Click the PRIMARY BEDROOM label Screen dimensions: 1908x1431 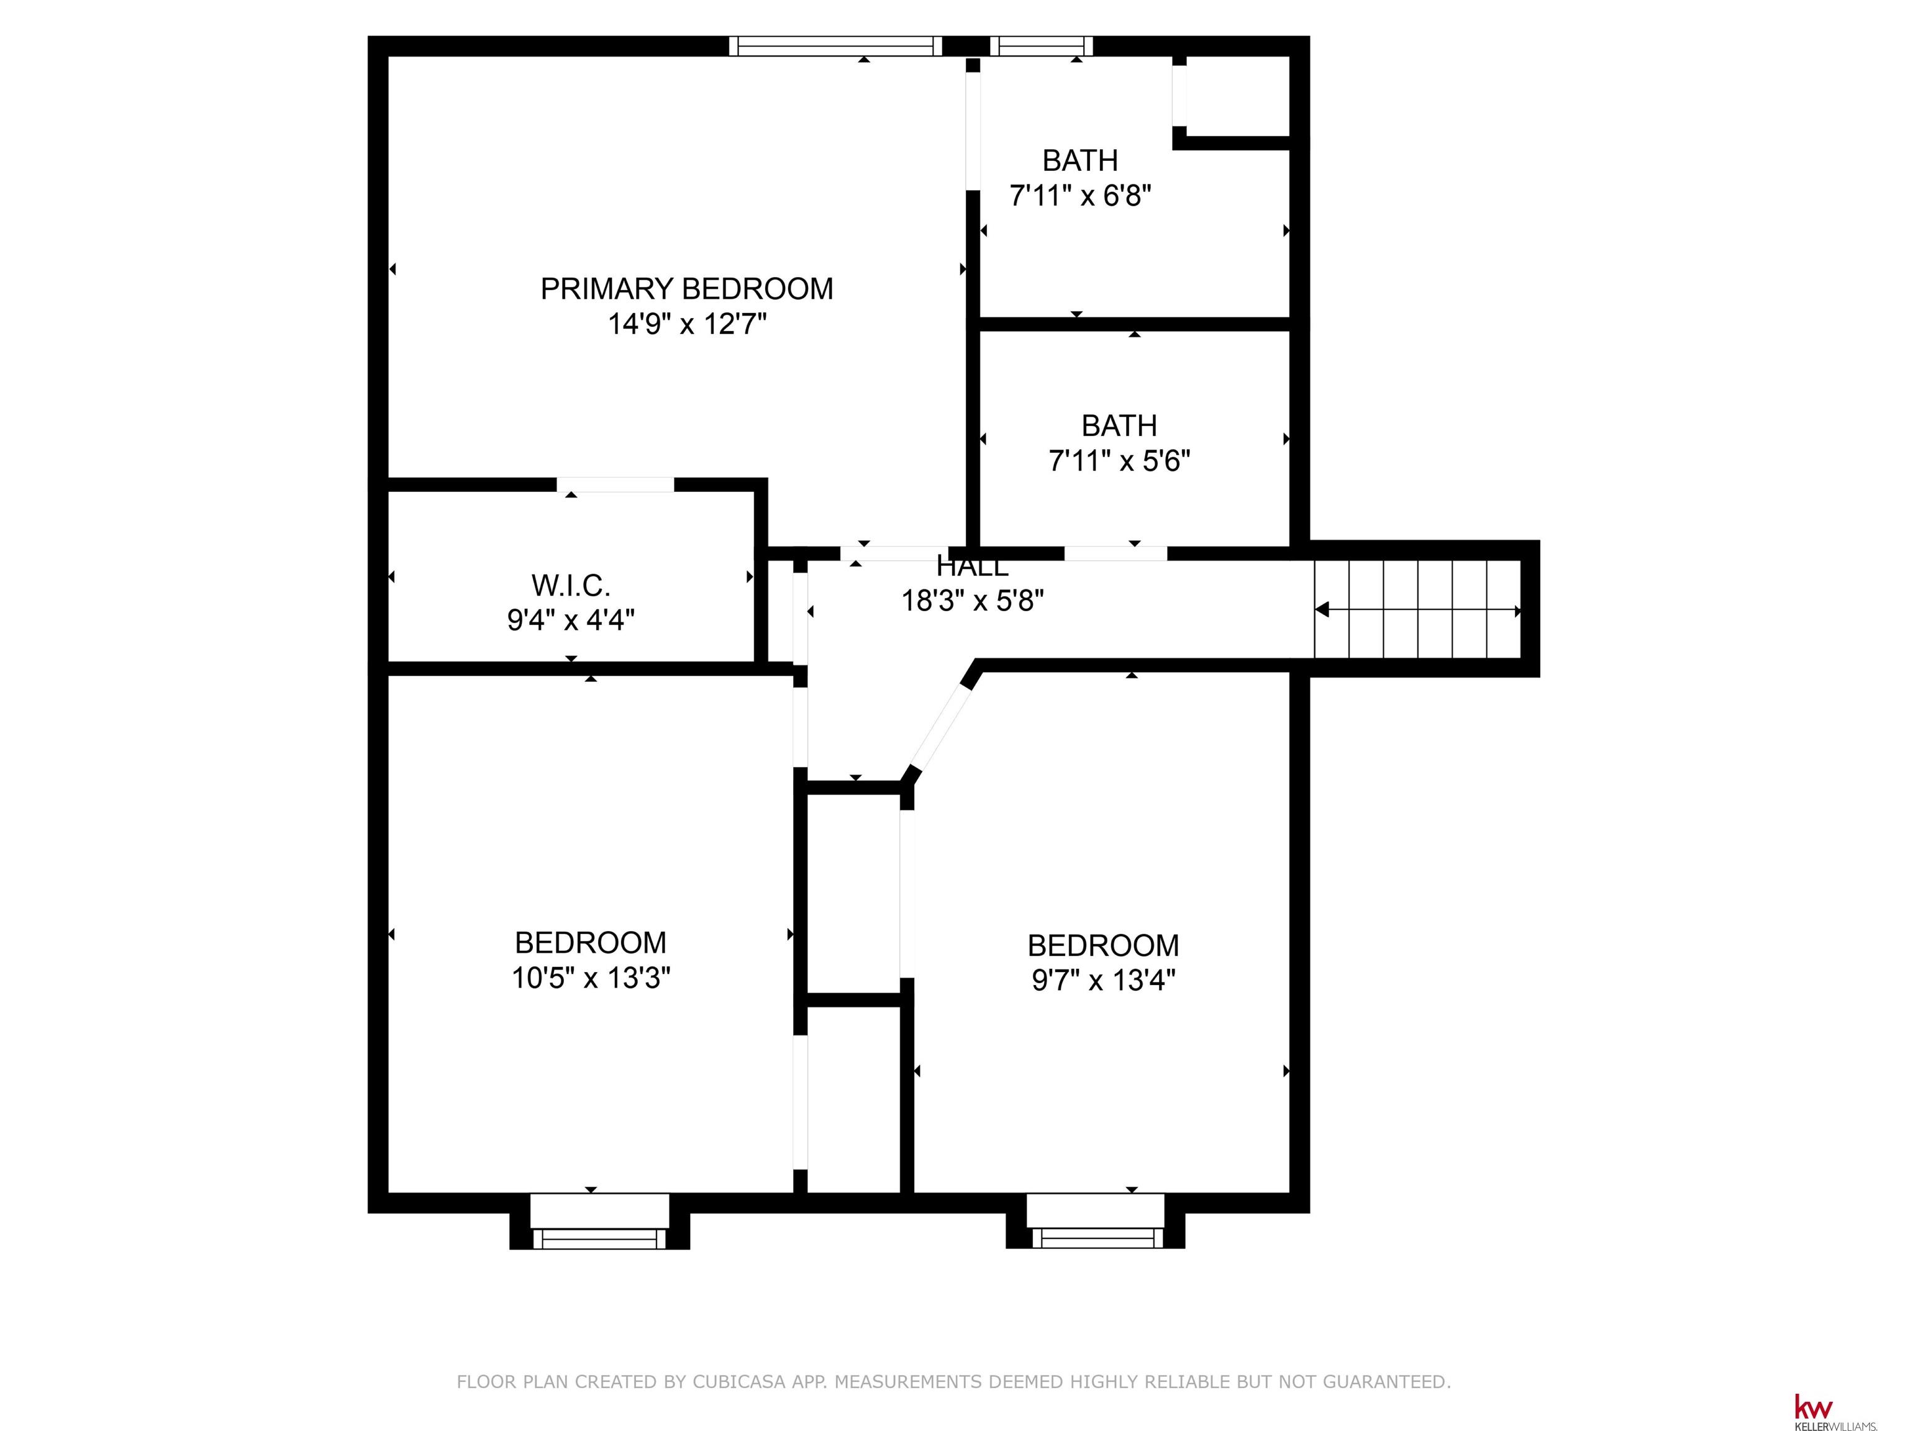pyautogui.click(x=686, y=288)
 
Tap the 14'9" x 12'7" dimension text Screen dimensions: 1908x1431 pyautogui.click(x=688, y=324)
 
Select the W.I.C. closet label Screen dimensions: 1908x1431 pyautogui.click(x=571, y=586)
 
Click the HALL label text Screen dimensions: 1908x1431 pyautogui.click(x=972, y=566)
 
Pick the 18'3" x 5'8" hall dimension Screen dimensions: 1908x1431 pyautogui.click(x=973, y=601)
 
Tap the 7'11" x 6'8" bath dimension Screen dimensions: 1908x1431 pyautogui.click(x=1081, y=196)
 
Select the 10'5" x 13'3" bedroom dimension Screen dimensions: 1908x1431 pyautogui.click(x=591, y=978)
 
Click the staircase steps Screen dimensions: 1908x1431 pyautogui.click(x=1417, y=609)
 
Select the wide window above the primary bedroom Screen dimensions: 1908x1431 pyautogui.click(x=835, y=47)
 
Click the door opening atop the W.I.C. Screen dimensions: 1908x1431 pyautogui.click(x=615, y=484)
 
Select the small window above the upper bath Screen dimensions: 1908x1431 pyautogui.click(x=1041, y=47)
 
